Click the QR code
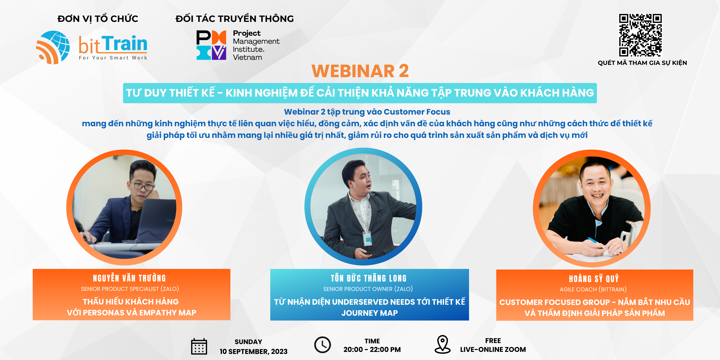(640, 35)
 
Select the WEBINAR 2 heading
(360, 71)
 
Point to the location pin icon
(442, 344)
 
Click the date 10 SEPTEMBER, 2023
(254, 351)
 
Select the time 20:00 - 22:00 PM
(372, 349)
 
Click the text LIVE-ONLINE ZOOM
(493, 349)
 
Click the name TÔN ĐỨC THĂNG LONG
(369, 278)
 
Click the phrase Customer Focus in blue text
(417, 112)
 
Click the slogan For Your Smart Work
(113, 58)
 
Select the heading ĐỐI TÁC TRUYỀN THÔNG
(234, 19)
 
